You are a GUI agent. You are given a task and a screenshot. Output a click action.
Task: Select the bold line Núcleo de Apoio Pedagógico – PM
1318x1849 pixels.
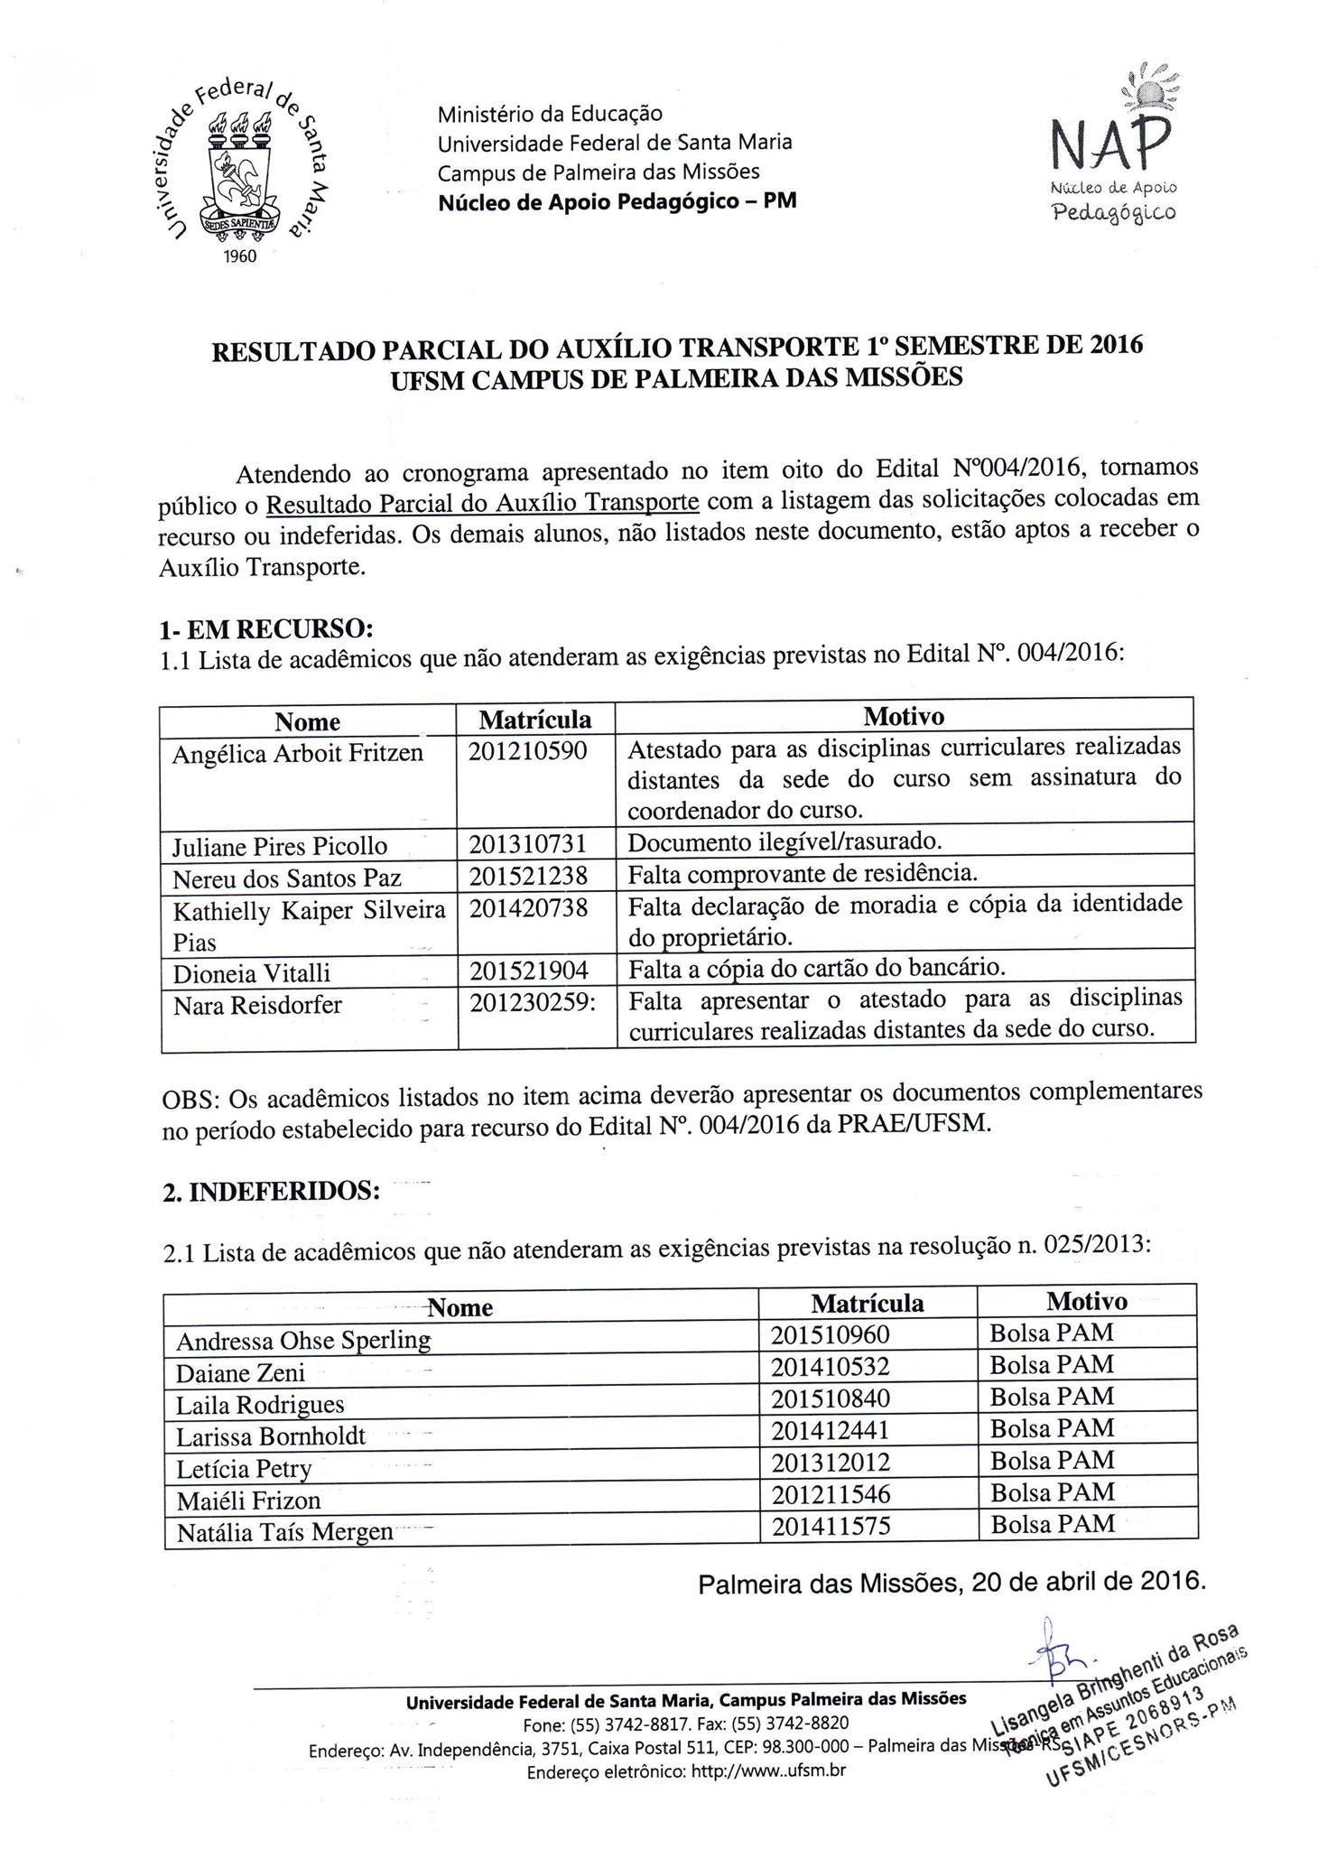click(x=617, y=200)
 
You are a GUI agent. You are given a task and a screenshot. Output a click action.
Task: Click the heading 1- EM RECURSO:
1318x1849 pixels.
click(x=266, y=627)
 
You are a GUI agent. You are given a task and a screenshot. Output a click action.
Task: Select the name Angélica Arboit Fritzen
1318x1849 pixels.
click(x=298, y=753)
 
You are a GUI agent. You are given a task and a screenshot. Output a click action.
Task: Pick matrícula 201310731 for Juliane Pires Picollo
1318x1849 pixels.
click(x=528, y=843)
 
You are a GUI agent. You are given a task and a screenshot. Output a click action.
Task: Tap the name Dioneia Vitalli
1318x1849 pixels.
click(x=252, y=973)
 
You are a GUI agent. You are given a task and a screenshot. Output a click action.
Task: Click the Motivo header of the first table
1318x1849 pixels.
click(x=903, y=717)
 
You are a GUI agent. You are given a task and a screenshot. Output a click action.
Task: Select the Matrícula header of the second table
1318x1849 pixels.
click(x=867, y=1303)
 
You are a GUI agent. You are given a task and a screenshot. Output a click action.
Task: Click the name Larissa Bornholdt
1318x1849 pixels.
click(x=271, y=1436)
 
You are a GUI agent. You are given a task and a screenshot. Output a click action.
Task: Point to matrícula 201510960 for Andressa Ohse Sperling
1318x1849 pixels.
click(x=830, y=1334)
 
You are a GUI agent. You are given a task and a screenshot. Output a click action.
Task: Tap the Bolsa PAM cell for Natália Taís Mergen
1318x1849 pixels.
click(x=1052, y=1524)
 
